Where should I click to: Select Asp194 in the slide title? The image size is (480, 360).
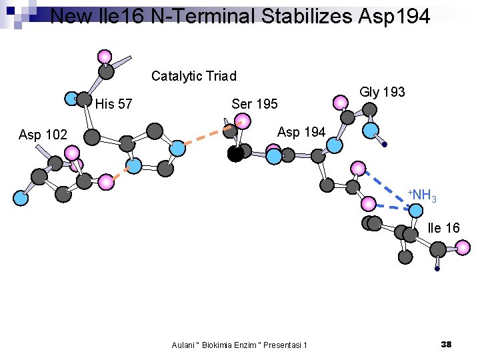click(397, 15)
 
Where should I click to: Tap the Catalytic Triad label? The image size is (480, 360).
click(193, 76)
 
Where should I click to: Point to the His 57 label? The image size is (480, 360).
click(113, 104)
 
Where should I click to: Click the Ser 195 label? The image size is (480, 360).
click(254, 104)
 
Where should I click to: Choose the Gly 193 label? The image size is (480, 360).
click(382, 92)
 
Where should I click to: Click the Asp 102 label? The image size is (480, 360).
click(43, 135)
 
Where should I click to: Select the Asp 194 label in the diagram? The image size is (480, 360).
click(301, 132)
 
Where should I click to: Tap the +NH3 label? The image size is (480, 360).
click(423, 195)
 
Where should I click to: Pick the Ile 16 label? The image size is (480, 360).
click(443, 228)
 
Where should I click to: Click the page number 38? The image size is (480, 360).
click(446, 344)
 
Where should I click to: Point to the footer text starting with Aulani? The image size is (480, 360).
click(239, 345)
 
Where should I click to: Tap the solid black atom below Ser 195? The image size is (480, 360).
click(235, 155)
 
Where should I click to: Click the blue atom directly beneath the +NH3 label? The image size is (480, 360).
click(415, 211)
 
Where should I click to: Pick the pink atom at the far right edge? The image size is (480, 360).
click(463, 247)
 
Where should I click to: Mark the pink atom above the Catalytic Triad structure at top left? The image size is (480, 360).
click(104, 56)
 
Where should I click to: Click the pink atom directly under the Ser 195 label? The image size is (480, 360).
click(243, 121)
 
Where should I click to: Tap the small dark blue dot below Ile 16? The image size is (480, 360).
click(437, 269)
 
